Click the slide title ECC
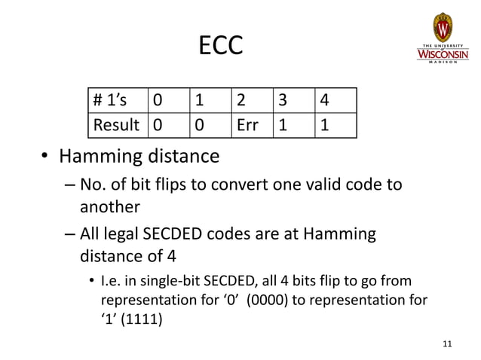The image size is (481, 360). point(220,47)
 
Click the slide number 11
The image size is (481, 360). point(448,344)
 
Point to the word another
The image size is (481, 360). point(110,206)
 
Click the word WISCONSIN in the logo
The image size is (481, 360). point(442,54)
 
